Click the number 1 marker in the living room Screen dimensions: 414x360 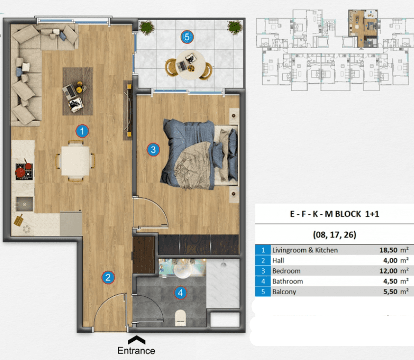(82, 131)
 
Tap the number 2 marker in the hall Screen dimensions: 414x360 (108, 278)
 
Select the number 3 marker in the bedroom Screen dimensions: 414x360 (153, 150)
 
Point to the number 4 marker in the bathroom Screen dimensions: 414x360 (180, 293)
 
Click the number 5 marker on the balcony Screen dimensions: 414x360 (187, 37)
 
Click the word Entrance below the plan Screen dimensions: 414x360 (136, 351)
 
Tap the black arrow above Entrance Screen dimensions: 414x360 (137, 340)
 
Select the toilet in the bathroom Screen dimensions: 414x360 (181, 317)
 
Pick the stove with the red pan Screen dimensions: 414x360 (24, 171)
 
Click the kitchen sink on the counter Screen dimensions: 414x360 (24, 205)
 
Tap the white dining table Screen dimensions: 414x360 (75, 161)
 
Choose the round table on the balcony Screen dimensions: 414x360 (191, 65)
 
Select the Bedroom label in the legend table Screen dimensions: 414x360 (286, 271)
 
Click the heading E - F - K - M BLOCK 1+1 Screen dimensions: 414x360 (335, 214)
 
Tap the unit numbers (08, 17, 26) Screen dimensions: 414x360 (335, 234)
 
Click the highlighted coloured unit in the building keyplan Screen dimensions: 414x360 (363, 29)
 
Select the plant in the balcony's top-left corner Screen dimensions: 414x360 (146, 27)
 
